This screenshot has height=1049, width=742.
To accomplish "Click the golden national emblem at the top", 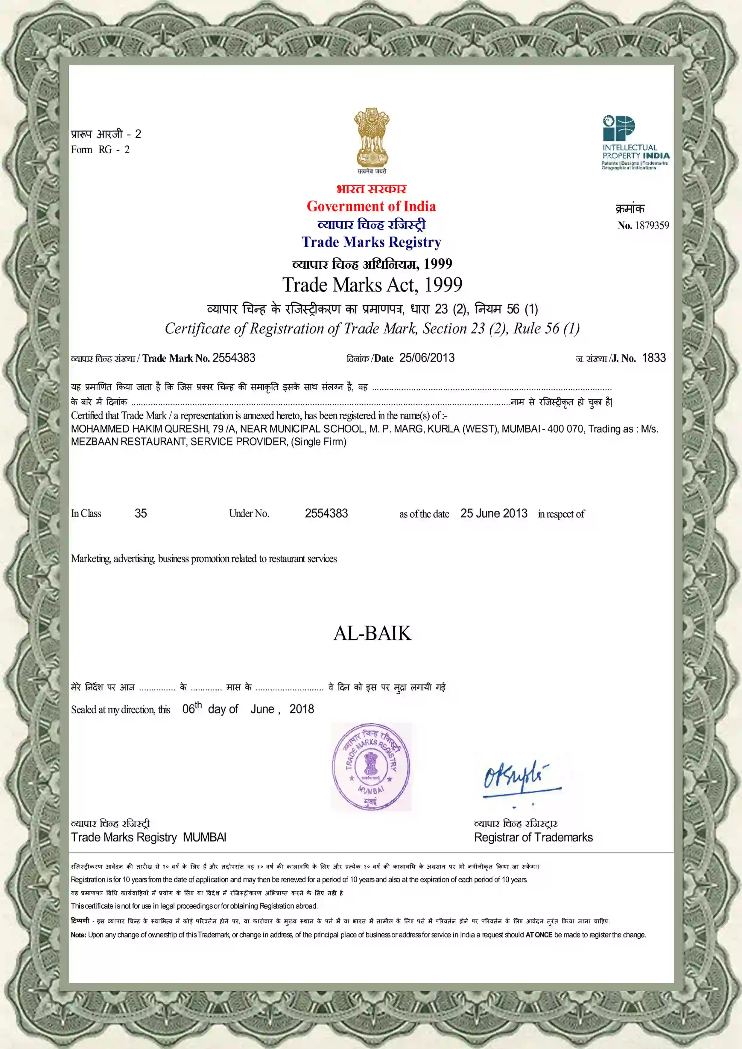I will tap(371, 138).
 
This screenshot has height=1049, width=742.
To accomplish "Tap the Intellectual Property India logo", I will tap(635, 143).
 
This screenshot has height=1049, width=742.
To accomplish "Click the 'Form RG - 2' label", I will tap(100, 150).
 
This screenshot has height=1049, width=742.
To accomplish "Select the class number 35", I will tap(141, 513).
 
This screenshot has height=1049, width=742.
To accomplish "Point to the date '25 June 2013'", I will tap(494, 513).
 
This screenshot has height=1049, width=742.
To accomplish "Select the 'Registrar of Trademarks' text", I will tap(533, 838).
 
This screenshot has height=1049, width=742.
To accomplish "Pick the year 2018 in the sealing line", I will tap(302, 709).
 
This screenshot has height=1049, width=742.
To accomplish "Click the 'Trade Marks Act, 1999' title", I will tap(372, 285).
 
